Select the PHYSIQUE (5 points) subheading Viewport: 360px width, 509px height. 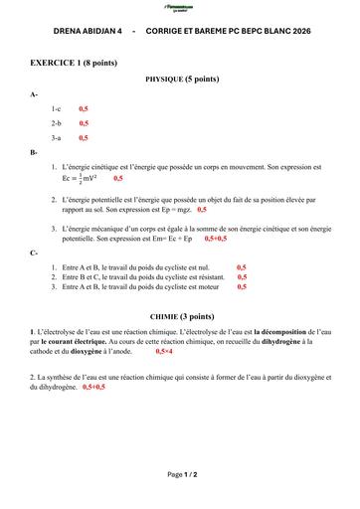tap(182, 78)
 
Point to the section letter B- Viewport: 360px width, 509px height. tap(35, 152)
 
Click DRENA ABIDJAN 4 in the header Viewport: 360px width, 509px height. tap(87, 32)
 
